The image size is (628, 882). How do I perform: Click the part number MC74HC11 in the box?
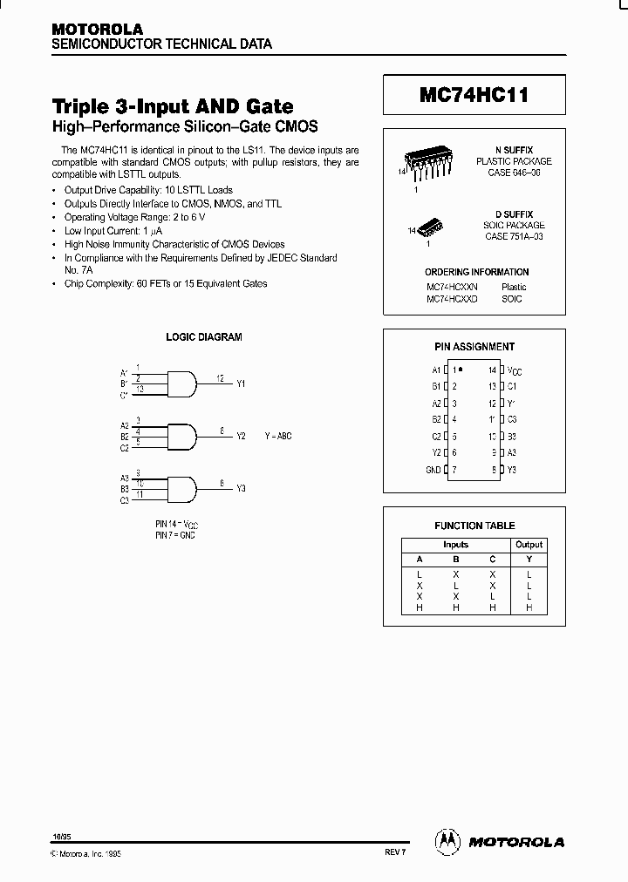474,95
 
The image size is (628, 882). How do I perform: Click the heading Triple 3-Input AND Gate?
173,106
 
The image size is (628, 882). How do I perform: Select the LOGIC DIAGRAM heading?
204,336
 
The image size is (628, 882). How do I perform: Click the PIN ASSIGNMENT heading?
474,346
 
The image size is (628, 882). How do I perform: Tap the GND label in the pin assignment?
433,470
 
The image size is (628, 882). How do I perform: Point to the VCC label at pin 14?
514,370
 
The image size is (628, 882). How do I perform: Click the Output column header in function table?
529,545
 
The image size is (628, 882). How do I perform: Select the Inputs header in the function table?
455,545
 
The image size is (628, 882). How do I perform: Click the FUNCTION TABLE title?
474,526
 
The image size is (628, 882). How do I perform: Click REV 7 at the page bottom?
396,854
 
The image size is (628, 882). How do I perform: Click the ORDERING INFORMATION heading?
476,272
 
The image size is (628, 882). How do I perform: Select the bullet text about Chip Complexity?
165,283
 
